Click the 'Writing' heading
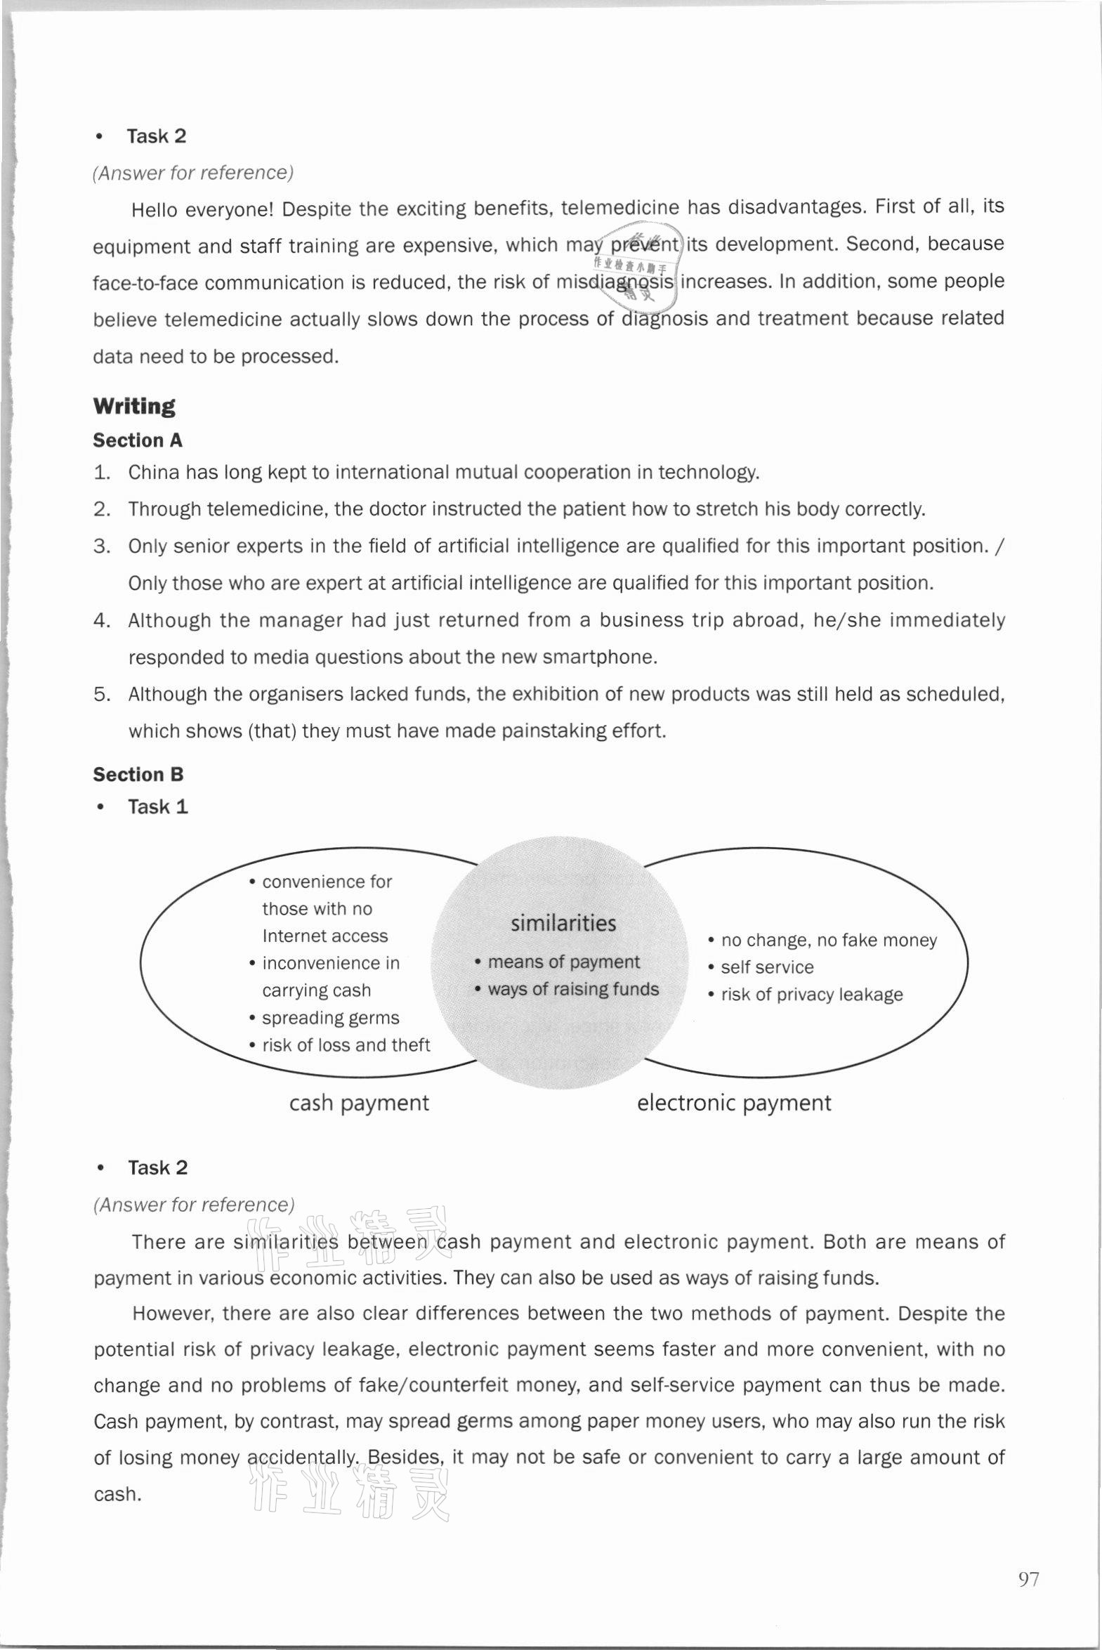click(134, 406)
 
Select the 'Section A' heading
click(138, 440)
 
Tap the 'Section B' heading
click(138, 774)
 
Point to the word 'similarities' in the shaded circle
click(563, 924)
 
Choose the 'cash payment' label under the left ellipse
click(358, 1104)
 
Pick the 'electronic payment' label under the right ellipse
click(734, 1104)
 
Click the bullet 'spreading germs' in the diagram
click(330, 1019)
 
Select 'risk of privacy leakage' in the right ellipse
click(811, 995)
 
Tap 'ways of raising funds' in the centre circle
click(573, 990)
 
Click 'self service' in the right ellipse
click(767, 968)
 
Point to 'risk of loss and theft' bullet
click(346, 1046)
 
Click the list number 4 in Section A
click(102, 620)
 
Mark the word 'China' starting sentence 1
click(154, 472)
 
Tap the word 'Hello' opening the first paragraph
click(156, 209)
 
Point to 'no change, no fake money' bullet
click(829, 941)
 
